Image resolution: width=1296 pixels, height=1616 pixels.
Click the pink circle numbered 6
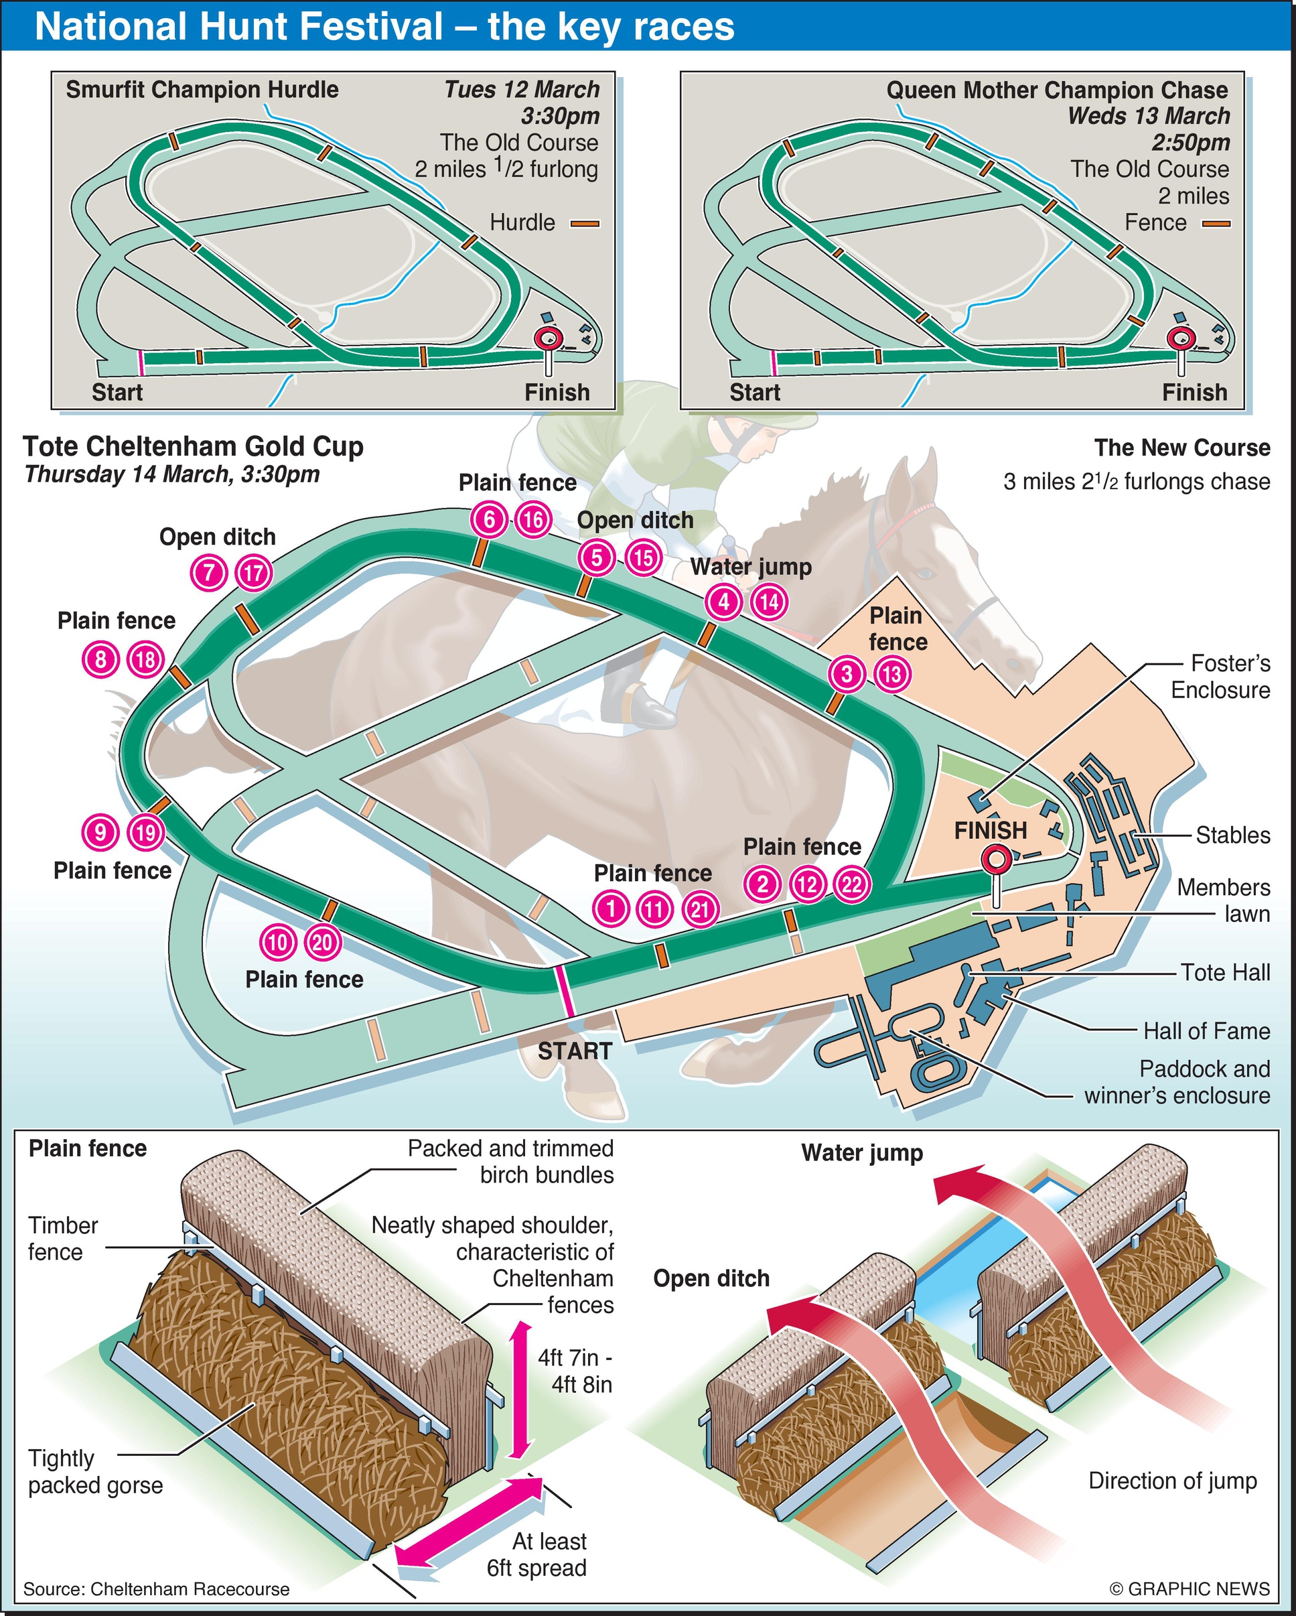coord(489,519)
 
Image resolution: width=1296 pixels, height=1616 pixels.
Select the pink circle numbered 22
coord(852,885)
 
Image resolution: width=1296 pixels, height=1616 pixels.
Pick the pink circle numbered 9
coord(100,832)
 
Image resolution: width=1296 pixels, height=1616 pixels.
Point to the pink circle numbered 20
coord(323,941)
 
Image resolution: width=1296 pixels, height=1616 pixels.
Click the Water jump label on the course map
coord(751,567)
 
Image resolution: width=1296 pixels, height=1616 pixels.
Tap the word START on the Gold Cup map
coord(575,1052)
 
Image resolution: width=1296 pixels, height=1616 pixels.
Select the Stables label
coord(1232,835)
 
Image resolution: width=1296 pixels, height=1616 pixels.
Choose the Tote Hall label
coord(1225,972)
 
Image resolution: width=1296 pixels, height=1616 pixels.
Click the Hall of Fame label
coord(1206,1030)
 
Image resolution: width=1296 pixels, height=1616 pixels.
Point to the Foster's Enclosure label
coord(1220,676)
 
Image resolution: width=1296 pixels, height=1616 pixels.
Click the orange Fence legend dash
coord(1216,223)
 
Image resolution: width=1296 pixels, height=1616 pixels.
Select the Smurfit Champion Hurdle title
coord(202,90)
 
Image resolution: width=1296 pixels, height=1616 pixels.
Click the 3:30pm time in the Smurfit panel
coord(561,116)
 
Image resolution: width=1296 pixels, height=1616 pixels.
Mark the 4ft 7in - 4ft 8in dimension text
coord(575,1371)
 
